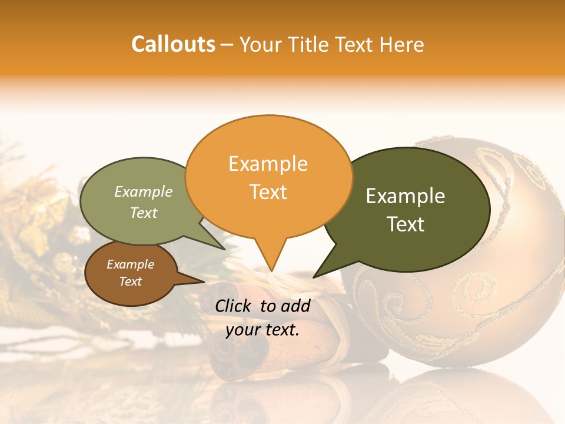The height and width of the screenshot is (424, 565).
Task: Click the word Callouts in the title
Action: pyautogui.click(x=173, y=44)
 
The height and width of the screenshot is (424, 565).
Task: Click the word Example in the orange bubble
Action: pyautogui.click(x=268, y=164)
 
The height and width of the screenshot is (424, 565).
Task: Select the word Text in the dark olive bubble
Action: pyautogui.click(x=406, y=224)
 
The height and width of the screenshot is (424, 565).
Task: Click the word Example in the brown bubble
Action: pyautogui.click(x=130, y=264)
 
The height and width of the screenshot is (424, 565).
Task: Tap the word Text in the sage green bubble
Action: pyautogui.click(x=143, y=213)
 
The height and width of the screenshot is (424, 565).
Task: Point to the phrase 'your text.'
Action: pyautogui.click(x=262, y=330)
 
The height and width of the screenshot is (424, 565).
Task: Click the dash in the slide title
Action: pyautogui.click(x=227, y=45)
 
